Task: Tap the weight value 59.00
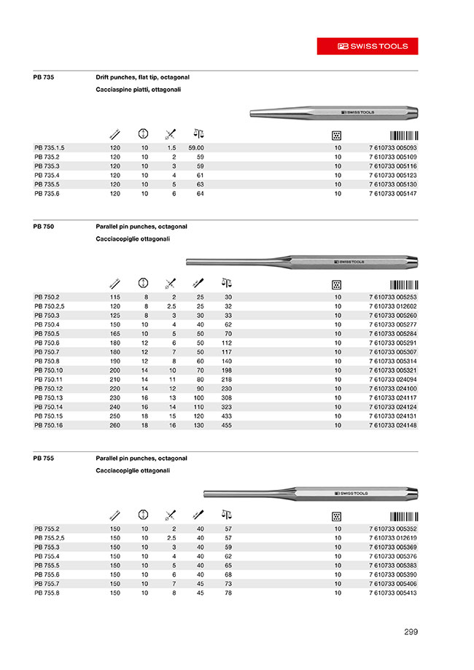click(196, 147)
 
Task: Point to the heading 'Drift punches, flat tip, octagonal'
click(143, 77)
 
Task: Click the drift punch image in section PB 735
click(333, 112)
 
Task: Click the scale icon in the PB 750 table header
click(226, 283)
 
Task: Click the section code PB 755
click(44, 459)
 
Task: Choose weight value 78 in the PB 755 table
click(228, 593)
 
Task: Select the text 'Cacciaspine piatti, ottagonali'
click(138, 90)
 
